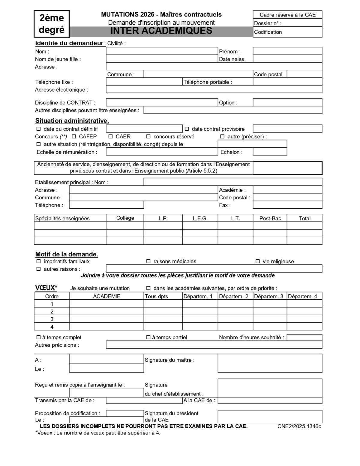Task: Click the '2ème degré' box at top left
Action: click(x=52, y=24)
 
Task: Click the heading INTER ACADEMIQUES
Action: click(x=161, y=31)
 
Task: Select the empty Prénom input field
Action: click(x=287, y=51)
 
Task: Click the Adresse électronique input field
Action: click(x=214, y=89)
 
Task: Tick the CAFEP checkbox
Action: click(x=74, y=137)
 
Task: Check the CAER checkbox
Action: click(x=110, y=137)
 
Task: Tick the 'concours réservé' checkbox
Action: click(x=148, y=137)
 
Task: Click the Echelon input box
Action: click(x=270, y=152)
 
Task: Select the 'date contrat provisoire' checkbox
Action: click(x=187, y=129)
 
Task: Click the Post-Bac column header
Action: click(x=270, y=218)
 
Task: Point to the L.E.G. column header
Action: click(x=200, y=218)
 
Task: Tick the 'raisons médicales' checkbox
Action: click(x=148, y=262)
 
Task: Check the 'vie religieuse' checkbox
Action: click(x=257, y=262)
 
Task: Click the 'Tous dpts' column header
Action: click(x=156, y=296)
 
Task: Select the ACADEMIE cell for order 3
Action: click(x=106, y=319)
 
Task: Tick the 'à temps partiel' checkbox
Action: click(x=148, y=337)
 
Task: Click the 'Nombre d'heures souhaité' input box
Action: click(x=304, y=337)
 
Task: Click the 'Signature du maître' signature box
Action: click(x=270, y=363)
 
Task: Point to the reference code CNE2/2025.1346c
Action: click(x=299, y=426)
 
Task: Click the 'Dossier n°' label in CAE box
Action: click(x=268, y=23)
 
